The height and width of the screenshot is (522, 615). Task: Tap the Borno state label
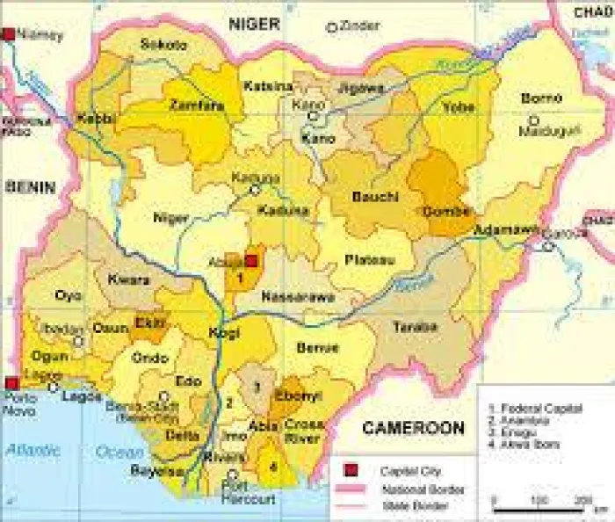pyautogui.click(x=541, y=98)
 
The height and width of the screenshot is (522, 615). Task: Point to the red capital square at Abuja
pyautogui.click(x=250, y=261)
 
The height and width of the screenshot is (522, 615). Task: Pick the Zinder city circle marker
pyautogui.click(x=332, y=27)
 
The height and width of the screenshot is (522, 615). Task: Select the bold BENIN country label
pyautogui.click(x=30, y=186)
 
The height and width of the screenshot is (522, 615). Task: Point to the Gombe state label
pyautogui.click(x=448, y=211)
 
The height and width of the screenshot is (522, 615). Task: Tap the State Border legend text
pyautogui.click(x=413, y=506)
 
